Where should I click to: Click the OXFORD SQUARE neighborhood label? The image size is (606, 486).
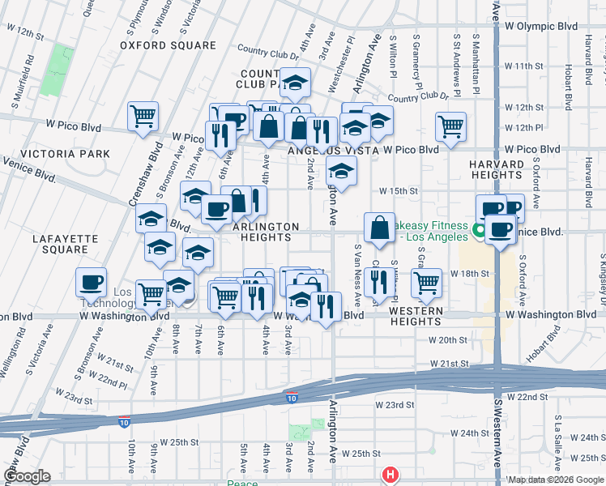point(168,45)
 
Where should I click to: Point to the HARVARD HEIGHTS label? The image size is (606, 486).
point(495,169)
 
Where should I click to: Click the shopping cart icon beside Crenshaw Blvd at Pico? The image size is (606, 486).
point(143,116)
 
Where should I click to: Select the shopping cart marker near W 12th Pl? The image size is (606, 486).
point(450,125)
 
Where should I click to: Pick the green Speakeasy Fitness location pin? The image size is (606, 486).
point(480,231)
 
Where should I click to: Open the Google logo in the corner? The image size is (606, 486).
point(26,476)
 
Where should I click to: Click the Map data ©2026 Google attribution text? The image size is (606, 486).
point(556,480)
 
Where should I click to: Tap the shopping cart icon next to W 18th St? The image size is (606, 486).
point(426,282)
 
